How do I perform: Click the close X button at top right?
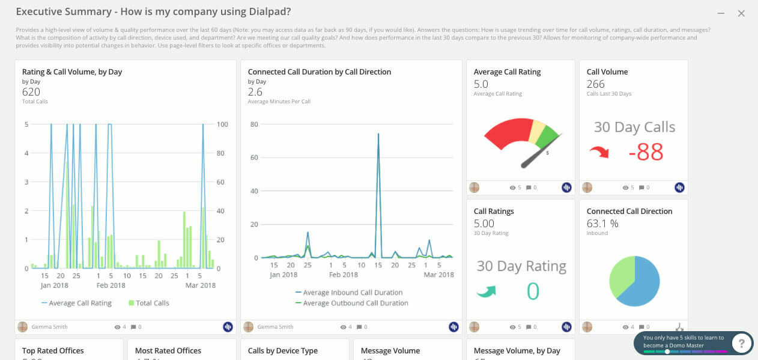(x=741, y=13)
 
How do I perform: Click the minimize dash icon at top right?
(x=721, y=13)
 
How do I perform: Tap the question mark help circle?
(x=742, y=343)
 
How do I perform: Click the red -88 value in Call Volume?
(x=645, y=152)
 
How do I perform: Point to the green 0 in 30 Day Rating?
(x=533, y=291)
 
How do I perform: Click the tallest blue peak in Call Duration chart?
(x=378, y=135)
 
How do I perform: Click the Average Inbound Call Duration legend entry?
(x=348, y=293)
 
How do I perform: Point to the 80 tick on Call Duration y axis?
(x=254, y=124)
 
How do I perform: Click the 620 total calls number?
(x=31, y=92)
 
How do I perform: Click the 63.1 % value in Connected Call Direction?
(x=602, y=224)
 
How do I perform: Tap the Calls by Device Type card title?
(x=283, y=351)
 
